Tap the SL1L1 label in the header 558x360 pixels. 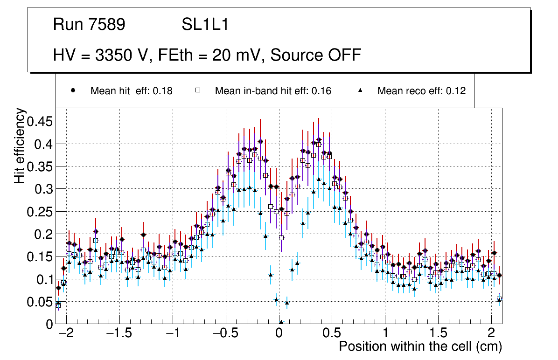point(205,25)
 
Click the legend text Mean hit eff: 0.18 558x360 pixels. point(131,91)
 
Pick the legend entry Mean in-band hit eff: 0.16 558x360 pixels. point(273,91)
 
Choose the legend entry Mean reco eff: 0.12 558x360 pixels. point(421,91)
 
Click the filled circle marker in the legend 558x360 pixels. point(73,90)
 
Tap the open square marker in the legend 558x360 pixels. point(197,90)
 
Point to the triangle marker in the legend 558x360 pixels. point(360,90)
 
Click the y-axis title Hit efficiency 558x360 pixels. point(20,145)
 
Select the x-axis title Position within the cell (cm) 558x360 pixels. point(420,346)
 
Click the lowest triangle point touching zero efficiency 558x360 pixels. point(281,322)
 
